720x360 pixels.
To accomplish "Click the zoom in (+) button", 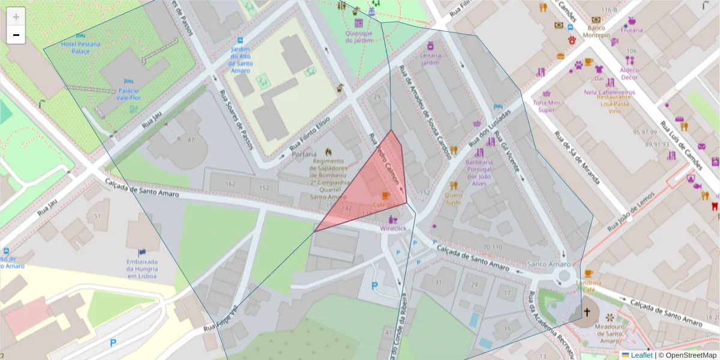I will pyautogui.click(x=16, y=17).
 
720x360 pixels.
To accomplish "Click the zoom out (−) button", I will pyautogui.click(x=16, y=35).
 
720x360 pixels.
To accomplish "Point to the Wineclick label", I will pyautogui.click(x=393, y=229).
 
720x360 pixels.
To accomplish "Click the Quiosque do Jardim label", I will pyautogui.click(x=359, y=37).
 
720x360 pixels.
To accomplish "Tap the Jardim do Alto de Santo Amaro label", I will pyautogui.click(x=240, y=59).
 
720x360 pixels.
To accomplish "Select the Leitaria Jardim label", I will pyautogui.click(x=431, y=59).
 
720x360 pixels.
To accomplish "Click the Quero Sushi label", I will pyautogui.click(x=454, y=199).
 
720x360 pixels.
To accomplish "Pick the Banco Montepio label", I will pyautogui.click(x=596, y=31).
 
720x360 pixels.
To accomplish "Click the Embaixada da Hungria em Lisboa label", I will pyautogui.click(x=142, y=269).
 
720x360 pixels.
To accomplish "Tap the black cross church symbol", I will pyautogui.click(x=587, y=313).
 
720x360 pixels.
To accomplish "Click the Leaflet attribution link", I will pyautogui.click(x=641, y=355).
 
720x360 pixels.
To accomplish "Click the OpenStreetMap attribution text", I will pyautogui.click(x=687, y=355).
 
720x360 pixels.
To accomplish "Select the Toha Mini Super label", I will pyautogui.click(x=547, y=106).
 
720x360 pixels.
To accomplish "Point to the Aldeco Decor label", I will pyautogui.click(x=629, y=73).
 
